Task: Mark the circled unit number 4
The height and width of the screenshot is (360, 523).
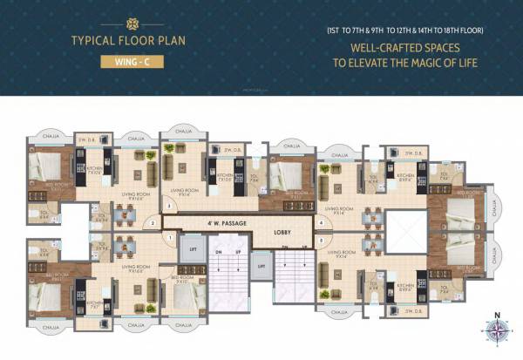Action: click(321, 224)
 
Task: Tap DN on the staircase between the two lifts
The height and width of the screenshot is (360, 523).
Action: click(216, 253)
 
